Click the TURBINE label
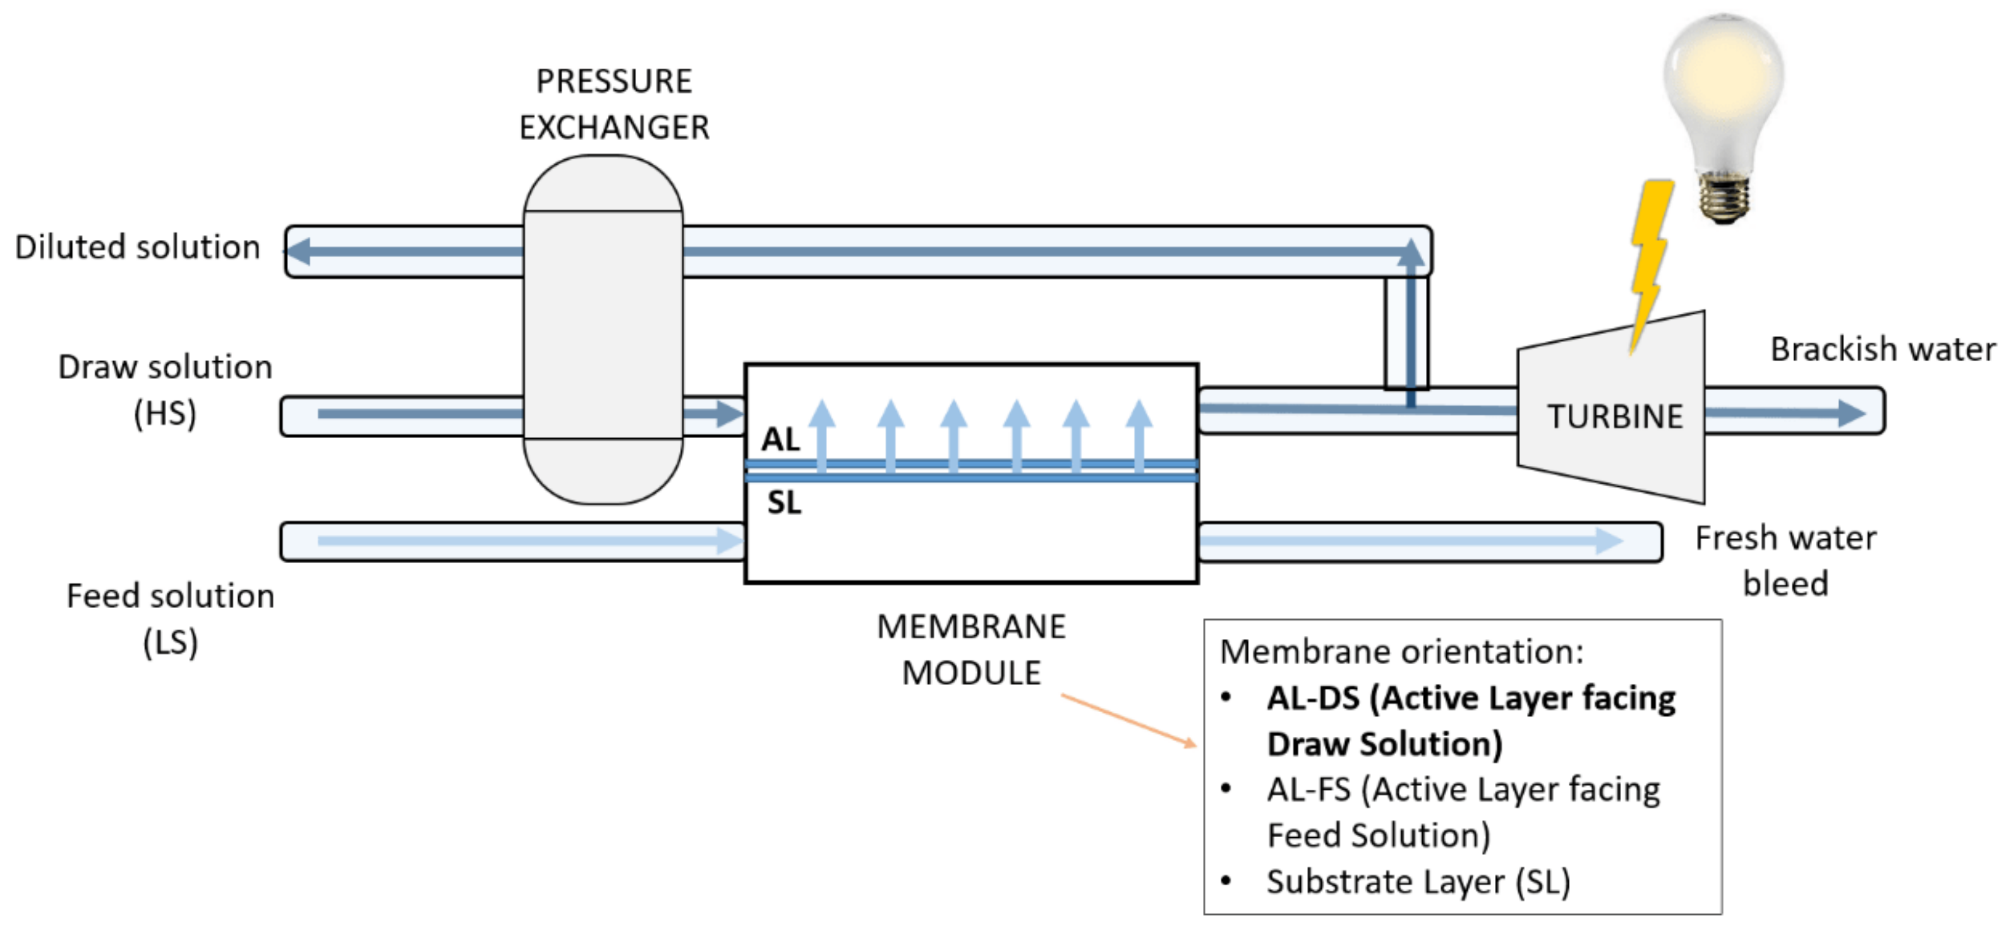pos(1614,416)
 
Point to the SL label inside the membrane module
pos(784,503)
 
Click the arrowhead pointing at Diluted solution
pos(298,251)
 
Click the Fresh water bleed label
pos(1785,560)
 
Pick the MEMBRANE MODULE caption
pos(970,649)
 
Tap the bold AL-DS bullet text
pos(1470,720)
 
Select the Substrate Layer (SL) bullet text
pos(1418,881)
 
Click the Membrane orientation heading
pos(1401,652)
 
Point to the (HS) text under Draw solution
pos(165,413)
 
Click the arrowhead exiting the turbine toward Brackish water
pos(1851,413)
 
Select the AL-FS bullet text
pos(1462,812)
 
